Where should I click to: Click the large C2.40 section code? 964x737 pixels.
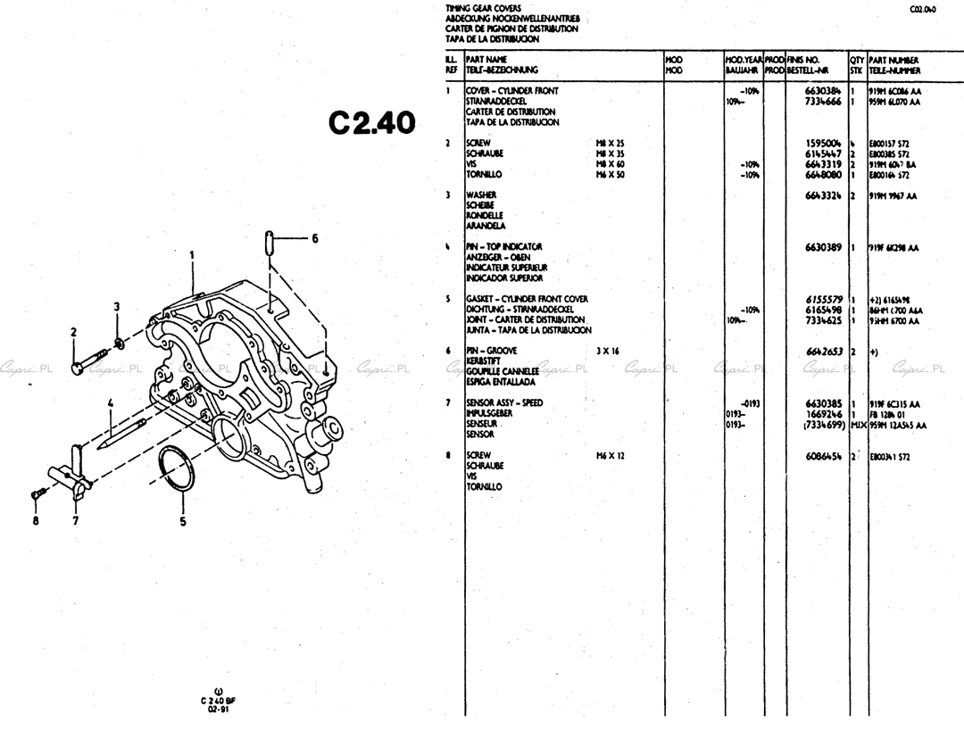(x=372, y=123)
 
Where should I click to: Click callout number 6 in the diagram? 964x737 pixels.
(x=314, y=238)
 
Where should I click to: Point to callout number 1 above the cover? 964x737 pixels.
(x=192, y=254)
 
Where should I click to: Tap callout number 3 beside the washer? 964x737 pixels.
(x=116, y=307)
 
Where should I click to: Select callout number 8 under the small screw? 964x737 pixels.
(x=36, y=522)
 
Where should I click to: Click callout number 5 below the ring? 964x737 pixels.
(x=183, y=522)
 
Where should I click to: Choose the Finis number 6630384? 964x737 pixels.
(x=823, y=91)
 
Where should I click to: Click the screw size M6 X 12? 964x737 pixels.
(x=611, y=456)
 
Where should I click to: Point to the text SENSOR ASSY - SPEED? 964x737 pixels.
(x=504, y=403)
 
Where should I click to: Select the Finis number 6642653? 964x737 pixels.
(x=823, y=352)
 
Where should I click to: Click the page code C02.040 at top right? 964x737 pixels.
(x=923, y=10)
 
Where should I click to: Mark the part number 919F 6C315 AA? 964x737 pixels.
(x=894, y=403)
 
